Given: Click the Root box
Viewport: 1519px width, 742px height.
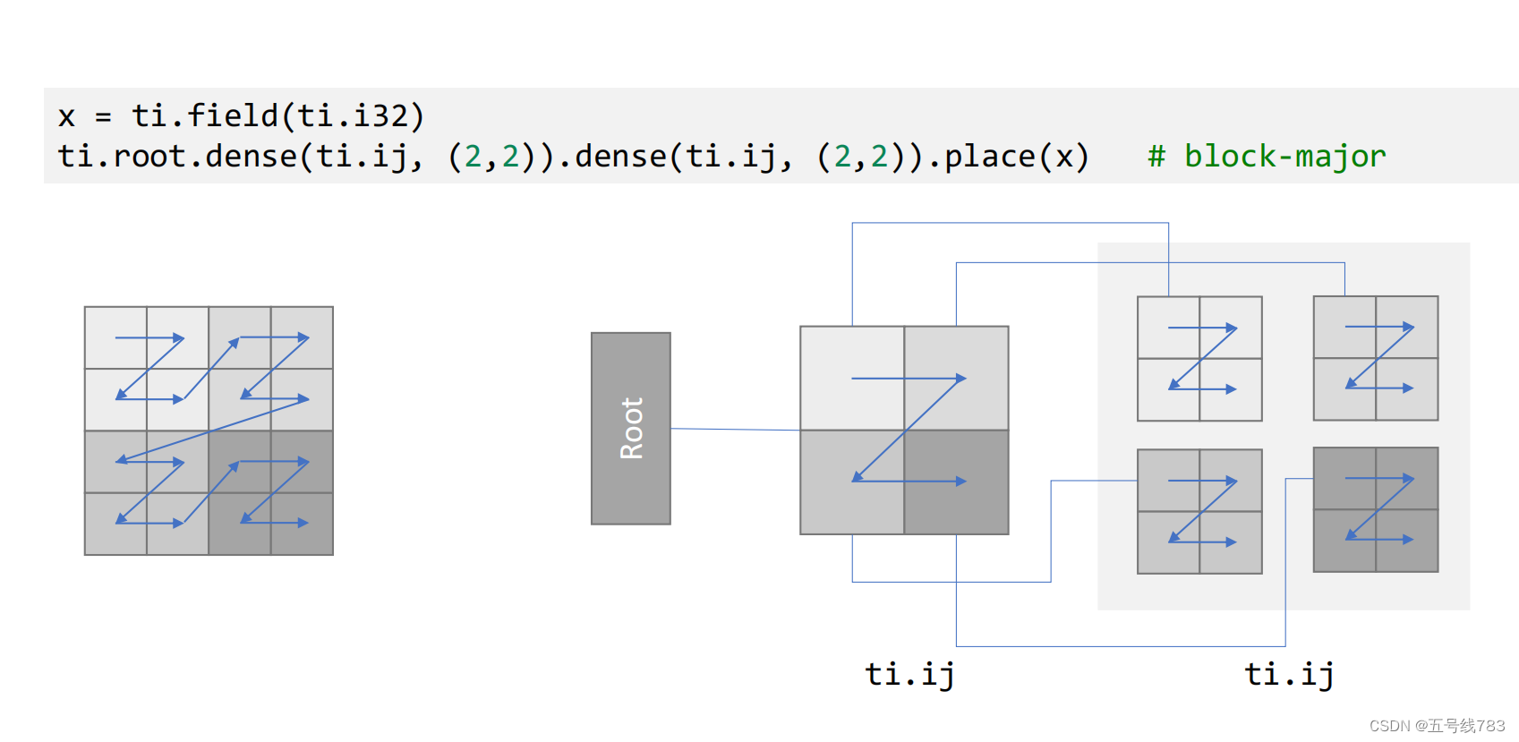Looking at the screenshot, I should pyautogui.click(x=631, y=429).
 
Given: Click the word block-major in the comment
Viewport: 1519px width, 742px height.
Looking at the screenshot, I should pyautogui.click(x=1284, y=157).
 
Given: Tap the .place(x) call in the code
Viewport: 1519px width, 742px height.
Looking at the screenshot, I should pyautogui.click(x=1016, y=157).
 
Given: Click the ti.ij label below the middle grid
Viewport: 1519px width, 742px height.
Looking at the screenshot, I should pyautogui.click(x=909, y=674).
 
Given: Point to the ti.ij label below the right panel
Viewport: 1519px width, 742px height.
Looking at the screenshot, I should pyautogui.click(x=1289, y=674).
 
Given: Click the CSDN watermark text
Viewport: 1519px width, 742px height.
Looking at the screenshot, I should pyautogui.click(x=1437, y=726).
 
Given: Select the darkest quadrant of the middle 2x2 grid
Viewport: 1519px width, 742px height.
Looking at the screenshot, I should pyautogui.click(x=956, y=482).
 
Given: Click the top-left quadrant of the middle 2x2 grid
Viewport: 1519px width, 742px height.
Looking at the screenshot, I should pyautogui.click(x=852, y=378).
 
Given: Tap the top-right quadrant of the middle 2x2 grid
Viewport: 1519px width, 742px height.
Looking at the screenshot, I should pyautogui.click(x=956, y=378).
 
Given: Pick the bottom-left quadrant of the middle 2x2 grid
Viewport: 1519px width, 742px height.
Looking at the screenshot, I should pyautogui.click(x=852, y=482).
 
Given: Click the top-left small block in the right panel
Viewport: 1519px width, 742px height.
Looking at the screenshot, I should pyautogui.click(x=1199, y=359).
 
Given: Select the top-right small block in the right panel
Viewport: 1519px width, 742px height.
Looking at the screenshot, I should pyautogui.click(x=1376, y=358).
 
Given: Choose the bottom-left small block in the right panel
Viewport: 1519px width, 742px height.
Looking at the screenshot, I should pyautogui.click(x=1199, y=511).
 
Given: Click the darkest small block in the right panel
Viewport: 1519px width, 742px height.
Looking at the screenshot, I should pyautogui.click(x=1376, y=510).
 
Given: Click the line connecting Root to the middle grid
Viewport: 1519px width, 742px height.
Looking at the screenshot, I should pyautogui.click(x=734, y=430).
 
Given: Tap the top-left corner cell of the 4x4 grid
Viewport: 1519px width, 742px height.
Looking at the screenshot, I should pyautogui.click(x=115, y=337).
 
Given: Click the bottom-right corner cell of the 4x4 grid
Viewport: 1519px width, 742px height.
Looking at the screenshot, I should pyautogui.click(x=303, y=525).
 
